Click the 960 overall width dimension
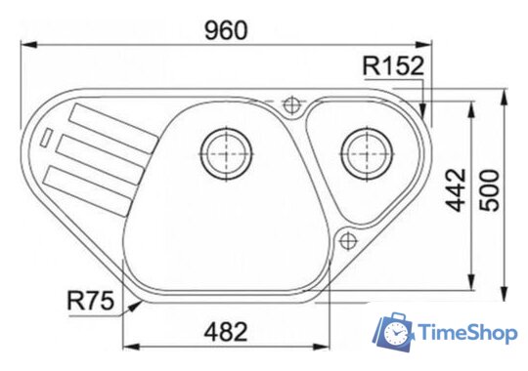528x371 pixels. pos(226,30)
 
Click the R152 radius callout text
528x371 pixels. pos(393,65)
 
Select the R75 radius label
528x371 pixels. pos(91,301)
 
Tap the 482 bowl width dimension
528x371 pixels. pos(226,332)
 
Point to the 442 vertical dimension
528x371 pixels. pos(456,190)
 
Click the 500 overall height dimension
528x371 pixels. pos(489,190)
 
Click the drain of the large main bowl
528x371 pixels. pos(226,154)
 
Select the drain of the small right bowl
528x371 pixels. pos(367,154)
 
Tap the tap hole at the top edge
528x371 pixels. pos(291,105)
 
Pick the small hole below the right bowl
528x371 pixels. pos(348,241)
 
